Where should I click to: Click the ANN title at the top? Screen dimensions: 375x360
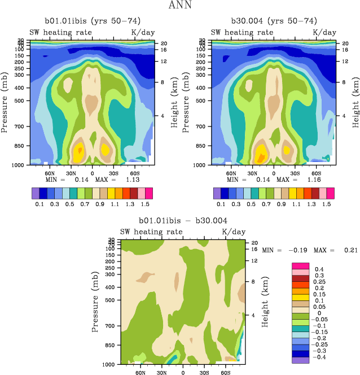[x=180, y=6]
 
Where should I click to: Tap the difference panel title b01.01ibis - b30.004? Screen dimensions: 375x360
[x=183, y=220]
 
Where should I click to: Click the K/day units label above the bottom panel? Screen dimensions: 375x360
[x=234, y=232]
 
